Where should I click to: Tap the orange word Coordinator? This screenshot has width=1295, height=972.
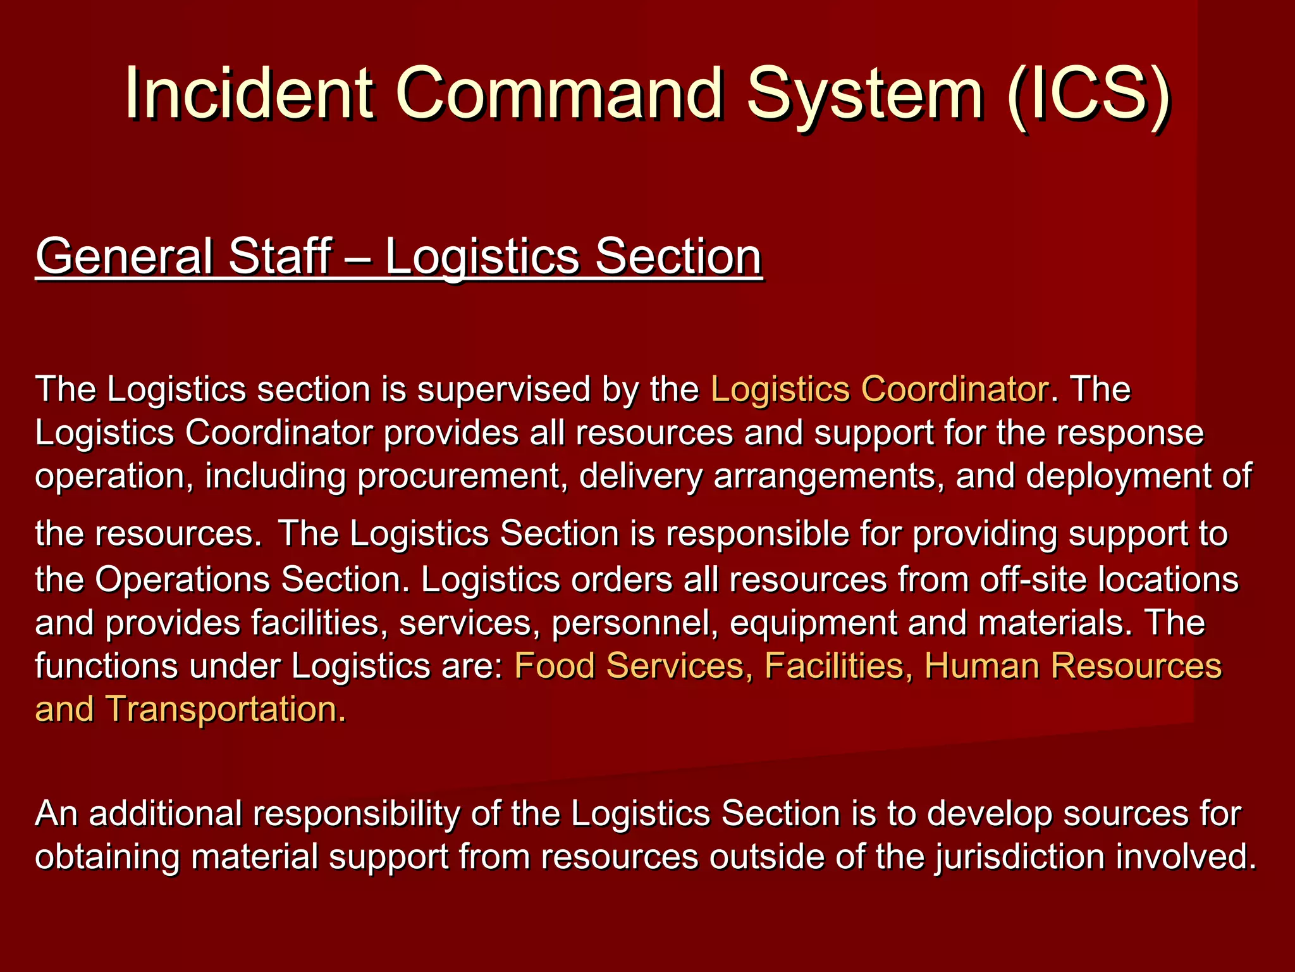coord(955,389)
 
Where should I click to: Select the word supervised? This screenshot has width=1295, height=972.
coord(503,389)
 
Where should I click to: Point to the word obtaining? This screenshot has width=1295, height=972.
coord(107,858)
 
